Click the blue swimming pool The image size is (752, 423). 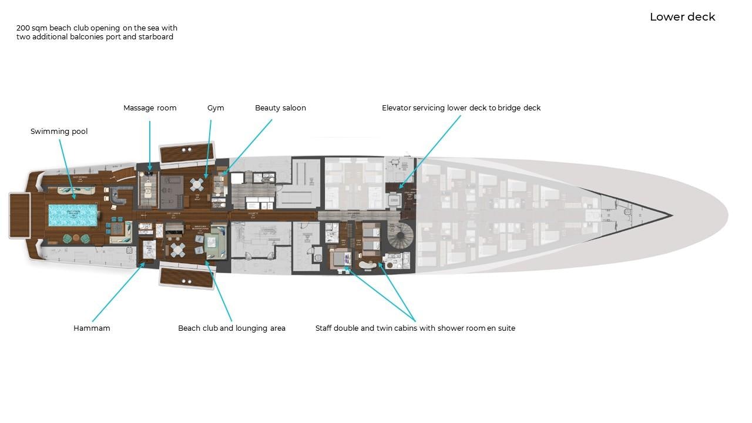coord(73,215)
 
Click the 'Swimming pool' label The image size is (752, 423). coord(59,132)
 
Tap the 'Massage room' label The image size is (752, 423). coord(150,108)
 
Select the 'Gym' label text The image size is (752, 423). coord(216,108)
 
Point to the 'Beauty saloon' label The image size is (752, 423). coord(280,108)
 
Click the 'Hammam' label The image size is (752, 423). coord(92,328)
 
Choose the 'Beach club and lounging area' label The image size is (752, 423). coord(231,328)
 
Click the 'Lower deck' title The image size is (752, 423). coord(682,17)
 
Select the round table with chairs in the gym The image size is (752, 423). coord(197,185)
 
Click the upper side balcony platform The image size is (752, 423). coord(186,153)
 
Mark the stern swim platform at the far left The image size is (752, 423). coord(20,215)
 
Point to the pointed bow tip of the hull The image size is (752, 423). coord(672,215)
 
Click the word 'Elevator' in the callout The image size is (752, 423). coord(397,108)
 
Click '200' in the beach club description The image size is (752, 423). coord(23,28)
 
